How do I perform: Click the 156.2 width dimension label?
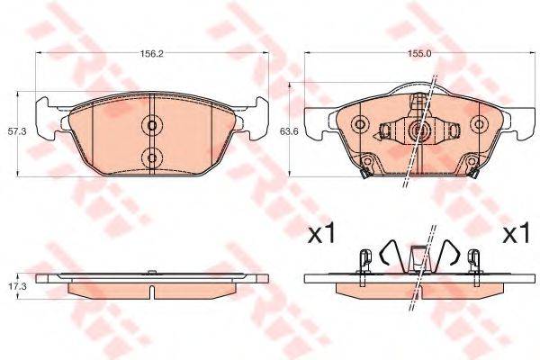pos(151,53)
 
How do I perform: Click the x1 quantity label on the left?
pos(321,236)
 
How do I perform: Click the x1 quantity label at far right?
pos(514,236)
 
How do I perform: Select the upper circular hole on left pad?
pos(152,125)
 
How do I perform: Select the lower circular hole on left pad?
pos(152,157)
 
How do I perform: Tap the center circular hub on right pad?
pos(418,131)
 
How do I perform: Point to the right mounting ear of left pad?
pos(259,113)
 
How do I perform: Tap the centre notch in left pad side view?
pos(152,291)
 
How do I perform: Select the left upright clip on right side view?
pos(364,261)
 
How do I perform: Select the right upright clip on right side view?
pos(468,261)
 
